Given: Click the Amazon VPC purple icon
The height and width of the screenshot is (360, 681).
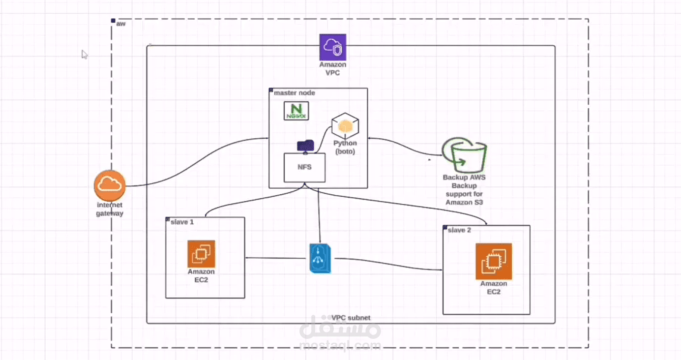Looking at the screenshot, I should (x=332, y=47).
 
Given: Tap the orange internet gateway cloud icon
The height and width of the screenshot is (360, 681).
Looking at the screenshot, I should (x=110, y=185).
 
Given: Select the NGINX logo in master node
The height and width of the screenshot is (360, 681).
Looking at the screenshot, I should (x=296, y=111).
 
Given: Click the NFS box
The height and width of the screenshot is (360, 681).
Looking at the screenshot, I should (x=304, y=168).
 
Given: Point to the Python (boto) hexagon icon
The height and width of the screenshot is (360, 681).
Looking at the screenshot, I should (x=345, y=125).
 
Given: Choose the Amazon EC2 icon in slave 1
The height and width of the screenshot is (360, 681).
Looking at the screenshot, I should (x=201, y=254).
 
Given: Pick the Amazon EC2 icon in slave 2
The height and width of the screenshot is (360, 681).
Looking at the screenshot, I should (x=494, y=261).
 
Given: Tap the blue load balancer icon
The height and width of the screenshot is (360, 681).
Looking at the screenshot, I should (x=321, y=258).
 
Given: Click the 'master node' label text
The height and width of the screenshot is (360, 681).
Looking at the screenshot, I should (x=294, y=92).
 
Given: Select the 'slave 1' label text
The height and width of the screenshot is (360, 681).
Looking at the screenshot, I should (x=182, y=222).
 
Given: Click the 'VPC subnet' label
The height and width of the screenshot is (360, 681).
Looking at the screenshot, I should (x=351, y=318).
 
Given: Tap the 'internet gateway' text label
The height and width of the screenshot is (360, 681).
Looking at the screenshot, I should (x=110, y=209).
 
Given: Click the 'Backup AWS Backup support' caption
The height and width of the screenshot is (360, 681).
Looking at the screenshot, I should (x=464, y=189).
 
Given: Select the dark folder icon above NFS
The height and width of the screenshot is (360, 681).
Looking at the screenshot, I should (x=305, y=146).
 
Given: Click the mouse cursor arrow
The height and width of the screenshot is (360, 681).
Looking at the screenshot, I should (x=85, y=54).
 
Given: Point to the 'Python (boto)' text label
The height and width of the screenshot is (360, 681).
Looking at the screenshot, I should (x=345, y=147).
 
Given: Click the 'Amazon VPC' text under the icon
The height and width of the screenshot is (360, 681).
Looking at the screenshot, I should (x=332, y=68).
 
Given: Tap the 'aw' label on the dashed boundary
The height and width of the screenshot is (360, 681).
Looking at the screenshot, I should (x=120, y=24).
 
